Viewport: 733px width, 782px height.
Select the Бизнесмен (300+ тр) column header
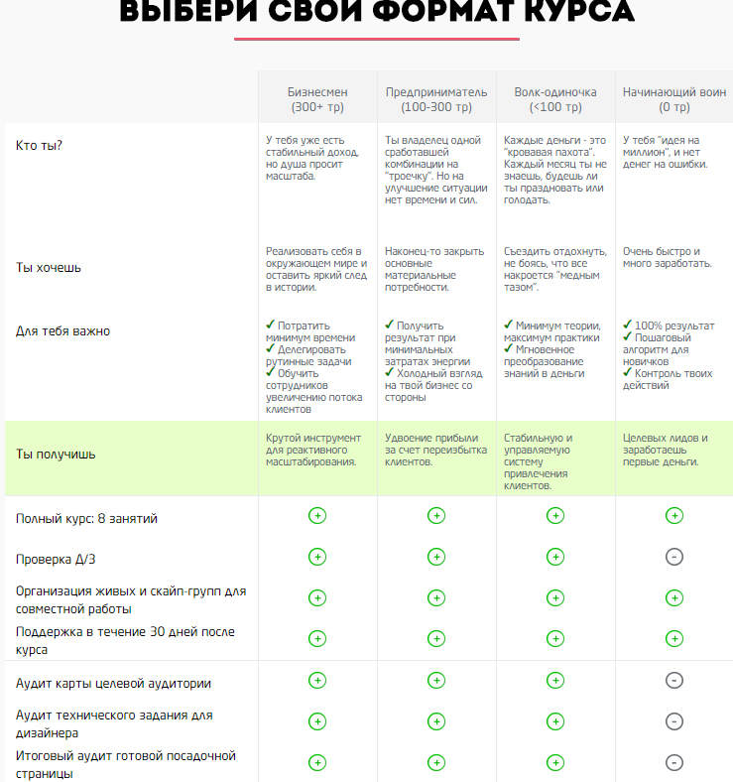click(x=317, y=98)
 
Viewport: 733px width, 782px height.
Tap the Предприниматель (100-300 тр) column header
click(x=435, y=98)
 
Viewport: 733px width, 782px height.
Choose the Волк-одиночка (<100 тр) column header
click(x=555, y=98)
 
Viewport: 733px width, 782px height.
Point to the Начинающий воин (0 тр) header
click(x=673, y=98)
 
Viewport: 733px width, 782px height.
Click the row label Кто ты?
click(x=40, y=146)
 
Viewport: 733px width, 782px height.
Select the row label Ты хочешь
click(x=49, y=268)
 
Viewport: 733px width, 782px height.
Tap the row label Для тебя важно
click(x=62, y=330)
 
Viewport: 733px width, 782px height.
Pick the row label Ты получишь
click(x=56, y=455)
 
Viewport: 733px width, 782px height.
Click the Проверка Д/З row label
click(x=57, y=559)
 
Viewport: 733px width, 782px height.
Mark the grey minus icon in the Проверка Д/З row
click(x=673, y=557)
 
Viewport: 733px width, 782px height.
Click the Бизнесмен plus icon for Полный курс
click(x=317, y=516)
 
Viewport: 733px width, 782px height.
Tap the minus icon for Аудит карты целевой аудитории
click(x=673, y=681)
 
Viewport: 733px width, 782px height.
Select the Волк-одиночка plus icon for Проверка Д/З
click(x=555, y=557)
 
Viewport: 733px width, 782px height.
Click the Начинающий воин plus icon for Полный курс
click(x=673, y=516)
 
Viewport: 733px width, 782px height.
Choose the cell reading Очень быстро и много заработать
click(x=667, y=257)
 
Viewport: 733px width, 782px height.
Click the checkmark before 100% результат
click(x=627, y=325)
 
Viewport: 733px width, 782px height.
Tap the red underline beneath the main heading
click(x=377, y=40)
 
